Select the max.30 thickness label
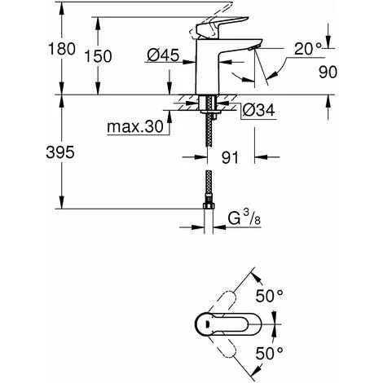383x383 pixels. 134,127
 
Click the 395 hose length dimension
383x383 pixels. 33,153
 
